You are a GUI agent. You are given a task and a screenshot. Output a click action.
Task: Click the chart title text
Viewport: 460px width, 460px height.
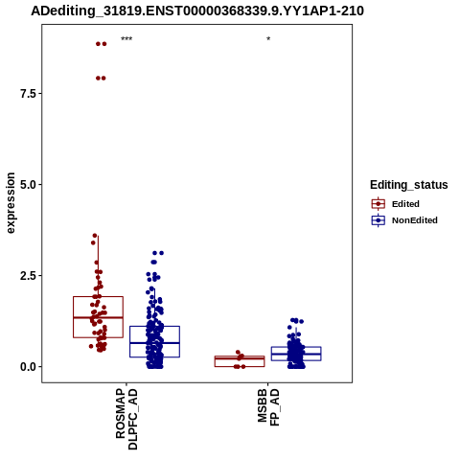[197, 11]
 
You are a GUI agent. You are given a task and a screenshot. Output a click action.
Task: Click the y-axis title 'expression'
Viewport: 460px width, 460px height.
[11, 203]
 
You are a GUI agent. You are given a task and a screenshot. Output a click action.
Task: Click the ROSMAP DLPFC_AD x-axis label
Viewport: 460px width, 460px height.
[126, 419]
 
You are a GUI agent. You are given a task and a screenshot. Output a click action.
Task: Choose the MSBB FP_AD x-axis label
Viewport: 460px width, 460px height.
[268, 406]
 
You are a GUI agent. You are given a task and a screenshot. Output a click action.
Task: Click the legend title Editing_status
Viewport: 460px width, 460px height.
[409, 185]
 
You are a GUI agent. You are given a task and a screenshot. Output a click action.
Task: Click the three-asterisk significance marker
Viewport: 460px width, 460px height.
[126, 39]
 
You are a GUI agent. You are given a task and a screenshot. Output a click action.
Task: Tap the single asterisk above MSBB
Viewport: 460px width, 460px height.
[268, 38]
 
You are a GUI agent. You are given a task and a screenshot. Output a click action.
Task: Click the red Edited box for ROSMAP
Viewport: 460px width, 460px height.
[73, 317]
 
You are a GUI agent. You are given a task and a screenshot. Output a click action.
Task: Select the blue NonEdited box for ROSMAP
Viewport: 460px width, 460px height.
[130, 341]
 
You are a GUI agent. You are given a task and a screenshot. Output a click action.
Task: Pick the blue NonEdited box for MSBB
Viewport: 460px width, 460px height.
[271, 354]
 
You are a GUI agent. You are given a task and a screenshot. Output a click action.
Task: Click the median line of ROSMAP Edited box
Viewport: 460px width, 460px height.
[98, 317]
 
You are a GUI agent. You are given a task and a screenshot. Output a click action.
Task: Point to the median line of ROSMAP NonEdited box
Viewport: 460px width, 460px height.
[154, 343]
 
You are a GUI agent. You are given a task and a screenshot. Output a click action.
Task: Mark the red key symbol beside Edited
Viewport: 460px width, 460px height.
[379, 204]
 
